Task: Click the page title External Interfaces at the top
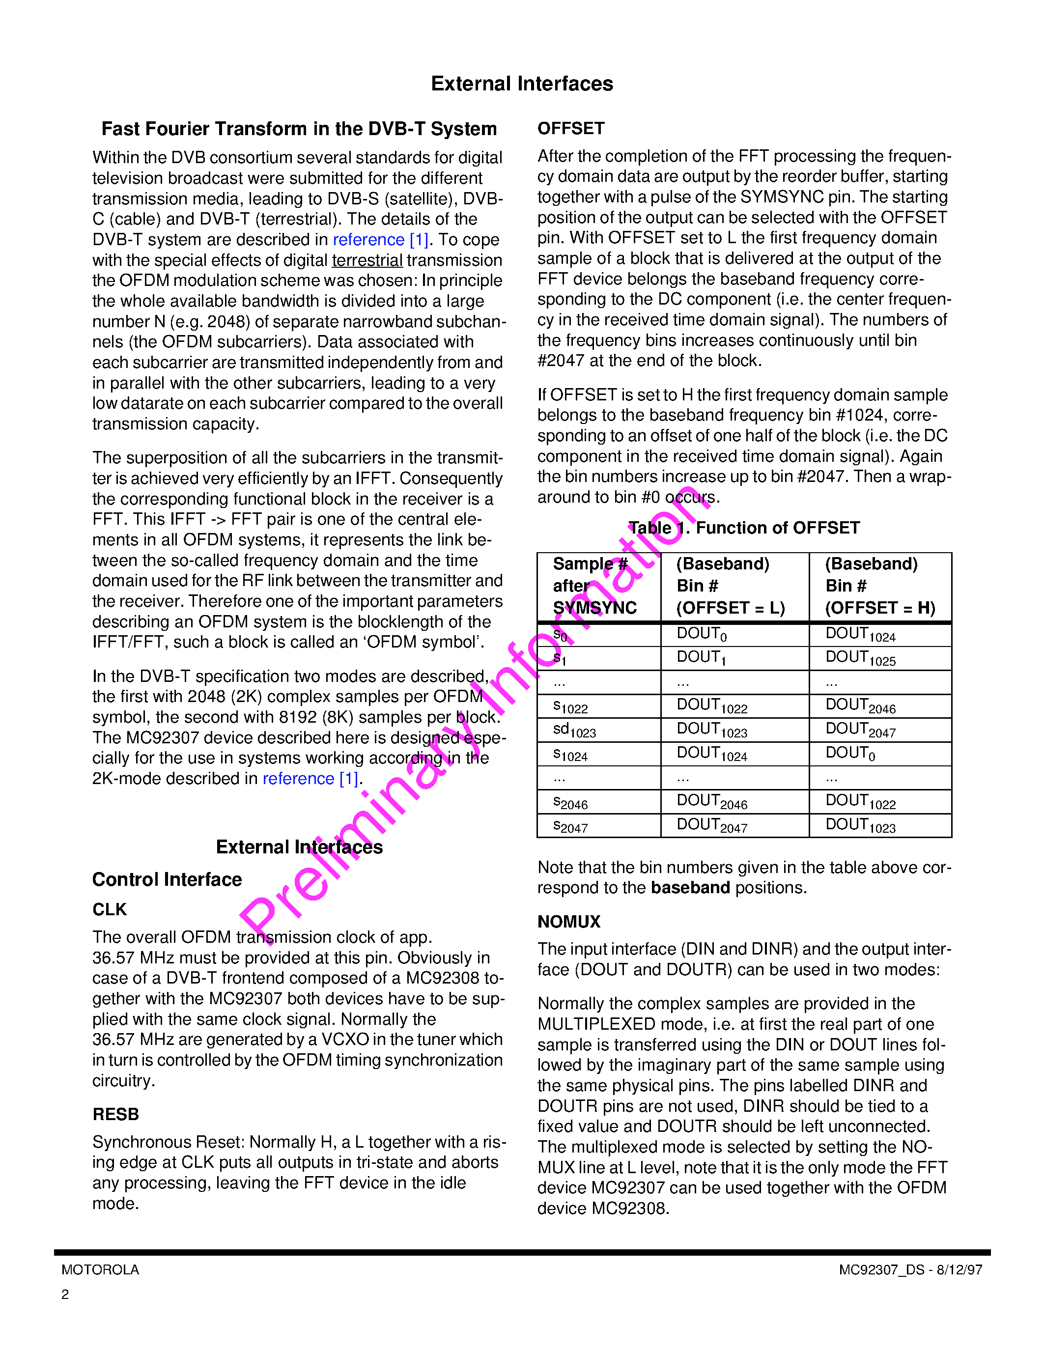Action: click(521, 84)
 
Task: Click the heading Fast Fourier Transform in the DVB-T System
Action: click(299, 129)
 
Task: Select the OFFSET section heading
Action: click(570, 129)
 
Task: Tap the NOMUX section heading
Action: click(568, 922)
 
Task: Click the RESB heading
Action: click(115, 1114)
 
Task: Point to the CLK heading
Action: click(110, 909)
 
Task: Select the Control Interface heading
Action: click(167, 879)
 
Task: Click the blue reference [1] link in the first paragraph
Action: click(380, 239)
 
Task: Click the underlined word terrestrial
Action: click(367, 260)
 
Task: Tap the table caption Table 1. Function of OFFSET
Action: click(744, 528)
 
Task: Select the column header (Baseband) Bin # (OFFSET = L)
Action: click(731, 586)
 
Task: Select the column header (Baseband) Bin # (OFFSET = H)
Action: click(879, 586)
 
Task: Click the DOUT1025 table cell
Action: click(860, 658)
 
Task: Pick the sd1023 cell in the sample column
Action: click(574, 730)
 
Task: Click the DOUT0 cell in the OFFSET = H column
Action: click(850, 754)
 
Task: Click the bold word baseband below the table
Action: click(690, 888)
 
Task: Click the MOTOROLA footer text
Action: click(100, 1270)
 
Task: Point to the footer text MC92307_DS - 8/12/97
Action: click(910, 1270)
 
